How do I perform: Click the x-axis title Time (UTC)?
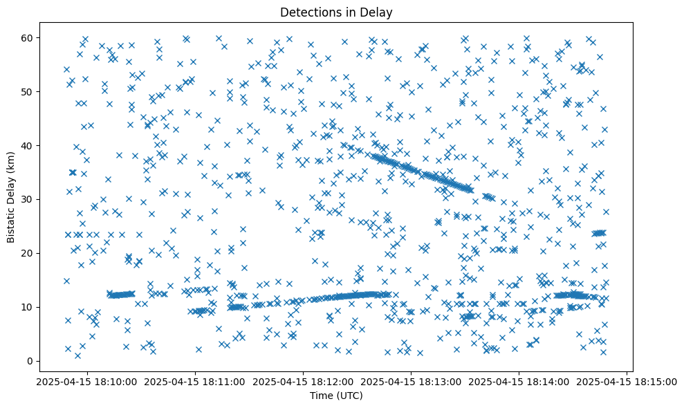click(335, 396)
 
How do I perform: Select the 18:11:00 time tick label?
click(194, 381)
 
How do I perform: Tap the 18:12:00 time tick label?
click(303, 381)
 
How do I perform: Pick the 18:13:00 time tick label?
click(412, 381)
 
